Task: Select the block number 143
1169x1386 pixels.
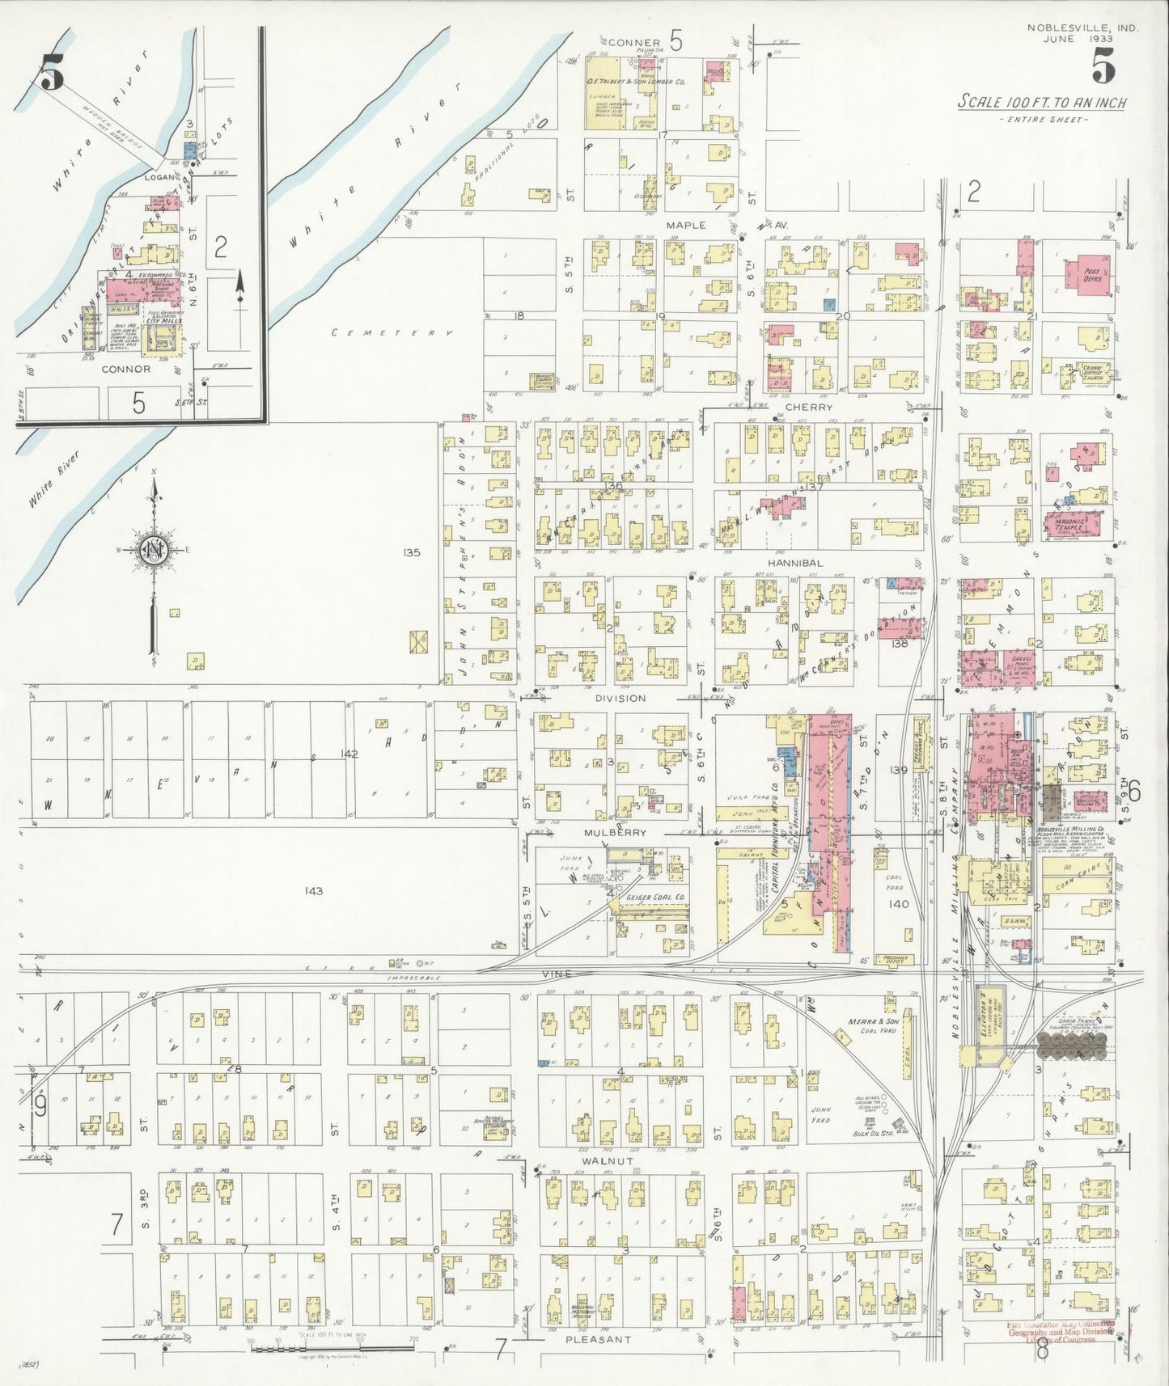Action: click(314, 890)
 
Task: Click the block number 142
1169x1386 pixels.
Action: click(349, 754)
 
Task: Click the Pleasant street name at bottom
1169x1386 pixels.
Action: click(597, 1338)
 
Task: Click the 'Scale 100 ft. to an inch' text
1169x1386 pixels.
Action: click(1042, 103)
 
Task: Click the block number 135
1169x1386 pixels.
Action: click(411, 553)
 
